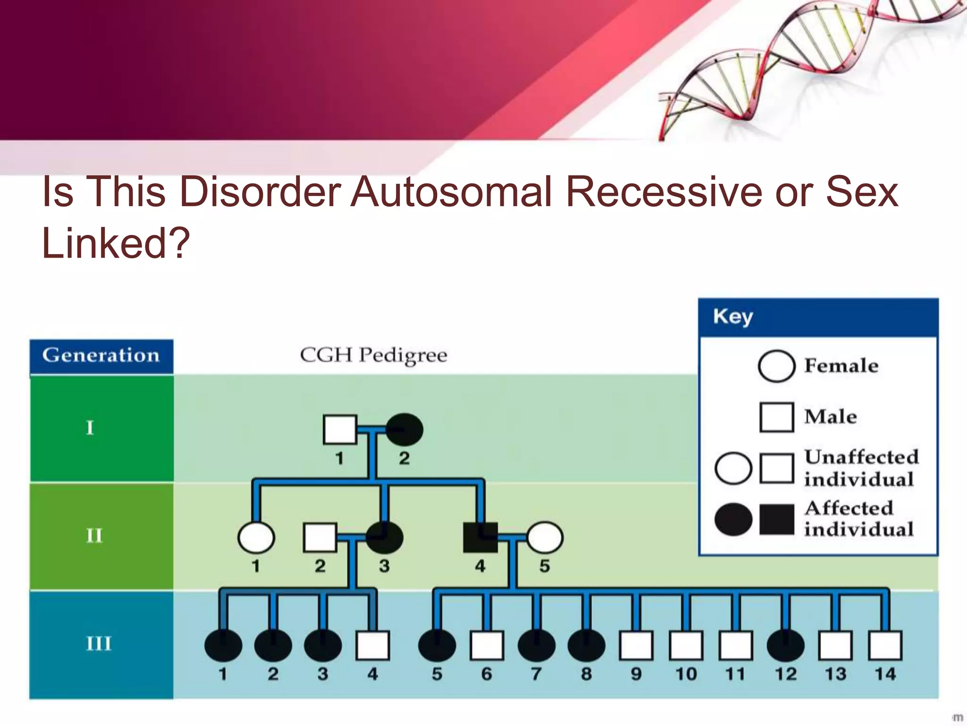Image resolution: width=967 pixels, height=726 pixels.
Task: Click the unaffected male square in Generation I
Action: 339,430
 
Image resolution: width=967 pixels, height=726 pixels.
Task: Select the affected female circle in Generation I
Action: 404,430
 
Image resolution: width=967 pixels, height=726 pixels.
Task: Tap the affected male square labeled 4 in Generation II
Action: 480,537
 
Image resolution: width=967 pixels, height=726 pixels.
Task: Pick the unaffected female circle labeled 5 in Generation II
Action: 544,537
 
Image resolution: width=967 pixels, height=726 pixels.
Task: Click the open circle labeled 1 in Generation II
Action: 256,537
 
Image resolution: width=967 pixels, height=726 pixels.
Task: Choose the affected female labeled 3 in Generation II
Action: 384,537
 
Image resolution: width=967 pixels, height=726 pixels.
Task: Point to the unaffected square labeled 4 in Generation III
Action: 373,645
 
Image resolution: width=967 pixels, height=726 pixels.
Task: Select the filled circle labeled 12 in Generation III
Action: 785,645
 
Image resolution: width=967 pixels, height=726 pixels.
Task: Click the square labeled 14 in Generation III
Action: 885,645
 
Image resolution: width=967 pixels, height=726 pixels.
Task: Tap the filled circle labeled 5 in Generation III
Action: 437,645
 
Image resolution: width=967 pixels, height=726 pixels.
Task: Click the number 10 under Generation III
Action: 686,674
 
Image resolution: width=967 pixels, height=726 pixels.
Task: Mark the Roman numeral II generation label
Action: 94,536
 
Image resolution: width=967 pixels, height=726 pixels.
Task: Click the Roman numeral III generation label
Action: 98,644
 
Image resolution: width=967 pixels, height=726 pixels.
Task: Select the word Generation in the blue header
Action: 101,355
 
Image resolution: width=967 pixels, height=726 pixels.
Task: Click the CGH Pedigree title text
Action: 373,355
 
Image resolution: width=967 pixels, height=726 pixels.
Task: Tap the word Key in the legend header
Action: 733,317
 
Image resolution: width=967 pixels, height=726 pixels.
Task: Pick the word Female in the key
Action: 841,366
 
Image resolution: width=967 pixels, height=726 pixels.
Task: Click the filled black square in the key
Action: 777,519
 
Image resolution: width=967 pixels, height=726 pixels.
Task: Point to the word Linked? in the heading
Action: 116,243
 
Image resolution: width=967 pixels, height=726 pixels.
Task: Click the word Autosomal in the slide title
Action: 451,192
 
